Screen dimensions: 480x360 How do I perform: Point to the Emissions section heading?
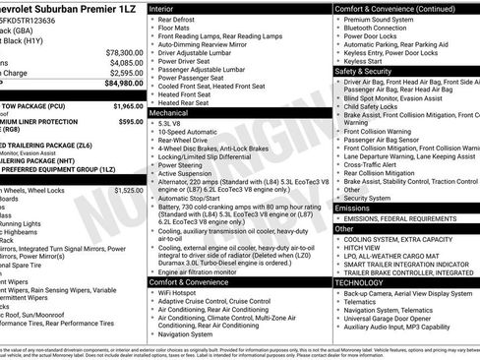[355, 208]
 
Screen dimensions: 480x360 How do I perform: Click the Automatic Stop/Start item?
[192, 198]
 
